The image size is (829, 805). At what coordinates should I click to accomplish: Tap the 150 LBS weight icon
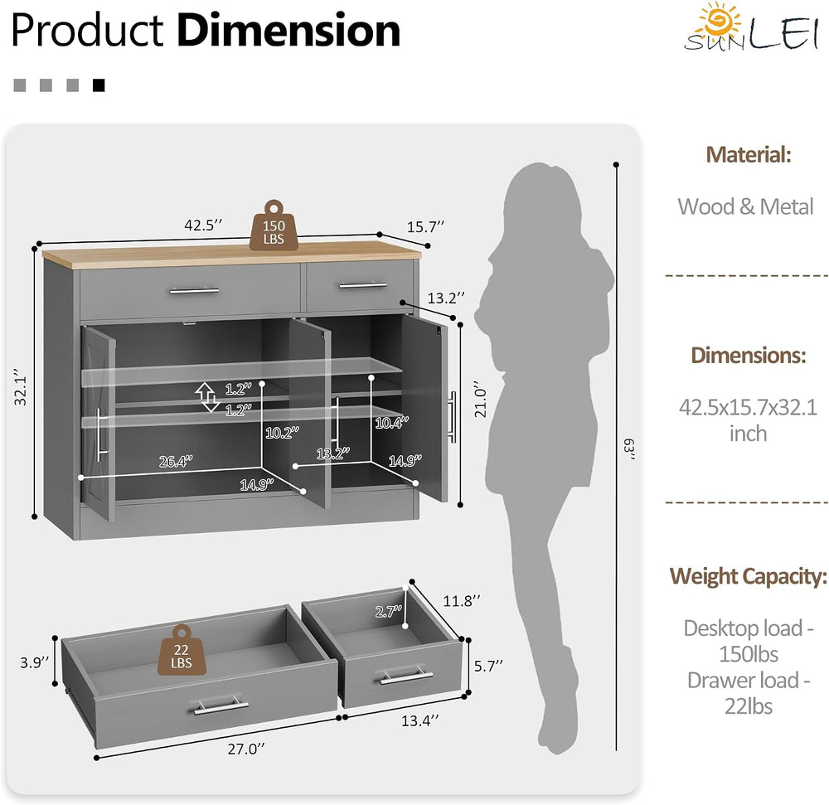274,225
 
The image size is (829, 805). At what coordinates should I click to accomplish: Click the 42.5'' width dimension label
203,225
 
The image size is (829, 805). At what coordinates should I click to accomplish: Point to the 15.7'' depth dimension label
425,227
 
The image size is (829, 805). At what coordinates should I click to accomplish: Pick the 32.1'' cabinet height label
21,387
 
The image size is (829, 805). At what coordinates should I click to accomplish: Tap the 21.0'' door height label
479,399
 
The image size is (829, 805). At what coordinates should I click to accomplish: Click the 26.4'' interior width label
176,462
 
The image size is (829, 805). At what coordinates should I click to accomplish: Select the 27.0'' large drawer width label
246,749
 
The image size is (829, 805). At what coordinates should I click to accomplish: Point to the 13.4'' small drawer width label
419,720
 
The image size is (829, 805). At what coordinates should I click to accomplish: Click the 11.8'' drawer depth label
462,601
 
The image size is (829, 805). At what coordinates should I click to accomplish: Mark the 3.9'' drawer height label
34,662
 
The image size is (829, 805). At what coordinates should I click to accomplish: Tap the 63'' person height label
629,449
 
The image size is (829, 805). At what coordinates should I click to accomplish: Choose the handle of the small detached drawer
406,676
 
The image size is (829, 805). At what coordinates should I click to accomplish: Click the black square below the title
99,85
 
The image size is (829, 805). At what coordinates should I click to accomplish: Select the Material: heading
748,155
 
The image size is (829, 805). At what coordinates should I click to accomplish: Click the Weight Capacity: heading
748,576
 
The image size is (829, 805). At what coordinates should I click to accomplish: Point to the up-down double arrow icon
207,397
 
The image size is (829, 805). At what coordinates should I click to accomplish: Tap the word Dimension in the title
288,30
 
